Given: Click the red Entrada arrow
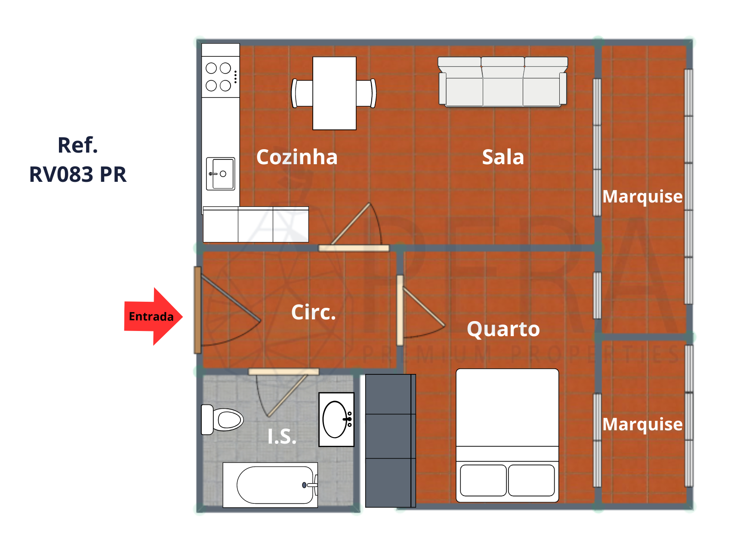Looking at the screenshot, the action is point(153,317).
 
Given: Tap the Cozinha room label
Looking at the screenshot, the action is point(297,157).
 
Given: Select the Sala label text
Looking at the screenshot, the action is point(503,157).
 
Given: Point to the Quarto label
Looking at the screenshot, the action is point(503,330).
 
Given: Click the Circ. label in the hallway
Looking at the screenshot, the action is point(313,312).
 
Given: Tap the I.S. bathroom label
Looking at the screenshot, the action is point(282,437).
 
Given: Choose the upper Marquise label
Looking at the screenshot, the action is point(642,196).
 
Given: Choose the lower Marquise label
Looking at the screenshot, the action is point(642,424).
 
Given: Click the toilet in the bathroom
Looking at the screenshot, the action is point(222,420).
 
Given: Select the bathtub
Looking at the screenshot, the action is point(270,485).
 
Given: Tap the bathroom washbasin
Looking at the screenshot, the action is point(336,420).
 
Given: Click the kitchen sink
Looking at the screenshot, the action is point(221,174).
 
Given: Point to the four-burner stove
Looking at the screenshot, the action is point(221,77).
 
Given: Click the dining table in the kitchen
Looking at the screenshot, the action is point(334,93).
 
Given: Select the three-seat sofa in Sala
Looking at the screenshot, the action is point(503,81).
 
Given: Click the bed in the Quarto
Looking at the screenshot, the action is point(507,435).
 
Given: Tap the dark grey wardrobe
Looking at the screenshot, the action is point(391,441).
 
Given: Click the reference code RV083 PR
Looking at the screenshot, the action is point(78,175).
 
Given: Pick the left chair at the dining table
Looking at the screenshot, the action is point(302,93).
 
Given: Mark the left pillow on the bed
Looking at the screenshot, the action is point(483,480).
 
